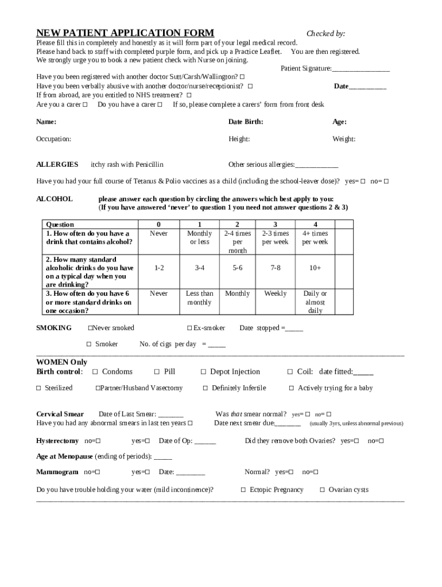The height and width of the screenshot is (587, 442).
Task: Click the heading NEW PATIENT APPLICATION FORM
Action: [x=125, y=33]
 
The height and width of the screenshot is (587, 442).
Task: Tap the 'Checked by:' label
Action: [x=325, y=34]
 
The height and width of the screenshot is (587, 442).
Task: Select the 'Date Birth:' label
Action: [x=246, y=122]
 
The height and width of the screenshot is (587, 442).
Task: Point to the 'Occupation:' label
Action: [x=54, y=139]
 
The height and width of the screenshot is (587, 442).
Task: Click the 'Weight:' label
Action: [x=344, y=139]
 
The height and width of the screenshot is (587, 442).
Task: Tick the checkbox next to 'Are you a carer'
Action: [x=85, y=105]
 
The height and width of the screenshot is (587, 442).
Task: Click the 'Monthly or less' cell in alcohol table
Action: [x=199, y=237]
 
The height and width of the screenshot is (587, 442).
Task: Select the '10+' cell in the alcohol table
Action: [x=315, y=268]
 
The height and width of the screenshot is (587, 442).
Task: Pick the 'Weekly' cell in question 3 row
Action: [x=275, y=293]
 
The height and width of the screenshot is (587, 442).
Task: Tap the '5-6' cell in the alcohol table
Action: [x=237, y=268]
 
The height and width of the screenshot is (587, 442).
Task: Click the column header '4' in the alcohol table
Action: [x=315, y=224]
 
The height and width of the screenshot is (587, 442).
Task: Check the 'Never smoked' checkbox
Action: [x=90, y=328]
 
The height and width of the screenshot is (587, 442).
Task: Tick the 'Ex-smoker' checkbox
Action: [x=189, y=328]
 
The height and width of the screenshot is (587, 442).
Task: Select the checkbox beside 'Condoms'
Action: [x=95, y=372]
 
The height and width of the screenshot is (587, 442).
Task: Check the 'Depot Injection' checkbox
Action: [x=203, y=372]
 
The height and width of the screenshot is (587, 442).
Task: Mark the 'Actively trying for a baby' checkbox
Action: [x=292, y=389]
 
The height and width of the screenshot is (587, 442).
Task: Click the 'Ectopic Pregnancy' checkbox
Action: [x=243, y=490]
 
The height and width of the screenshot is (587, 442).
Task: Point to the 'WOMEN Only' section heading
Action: [x=62, y=362]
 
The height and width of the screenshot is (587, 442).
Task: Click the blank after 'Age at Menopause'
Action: [x=163, y=457]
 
